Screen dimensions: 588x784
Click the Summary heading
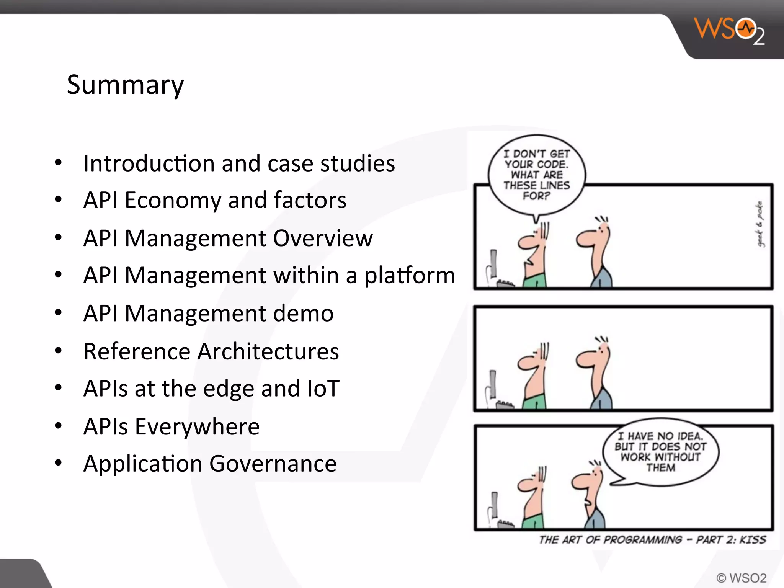coord(125,85)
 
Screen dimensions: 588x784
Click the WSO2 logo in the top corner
coord(729,31)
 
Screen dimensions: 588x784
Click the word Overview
coord(323,238)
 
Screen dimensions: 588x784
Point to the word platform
coord(410,276)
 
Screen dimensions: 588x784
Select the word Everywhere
coord(197,426)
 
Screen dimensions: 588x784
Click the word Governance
coord(273,464)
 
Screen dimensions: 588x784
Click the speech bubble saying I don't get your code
coord(536,175)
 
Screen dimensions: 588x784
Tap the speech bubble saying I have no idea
coord(660,452)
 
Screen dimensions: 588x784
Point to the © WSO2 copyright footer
coord(741,578)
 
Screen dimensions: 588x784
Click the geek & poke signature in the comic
coord(759,224)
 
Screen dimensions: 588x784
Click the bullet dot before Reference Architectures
coord(58,351)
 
